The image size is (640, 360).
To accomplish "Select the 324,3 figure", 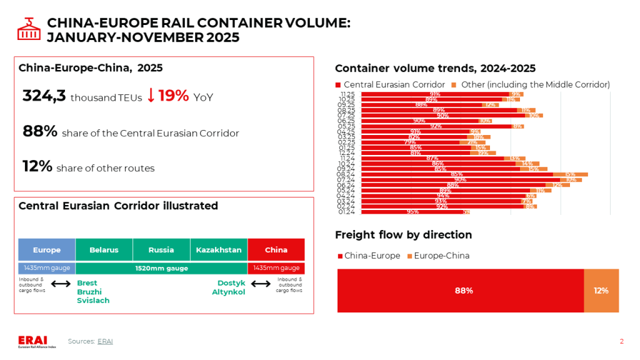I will coord(44,96).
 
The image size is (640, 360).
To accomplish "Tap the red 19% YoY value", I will coord(173,96).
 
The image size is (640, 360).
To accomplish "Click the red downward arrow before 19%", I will coord(151,96).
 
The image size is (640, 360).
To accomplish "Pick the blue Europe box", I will coord(47,249).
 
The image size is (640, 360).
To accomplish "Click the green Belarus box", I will coord(104,249).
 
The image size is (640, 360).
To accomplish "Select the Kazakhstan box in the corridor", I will coord(219,249).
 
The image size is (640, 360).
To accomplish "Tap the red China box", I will coord(276,249).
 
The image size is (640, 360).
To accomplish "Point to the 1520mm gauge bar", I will coord(161,268).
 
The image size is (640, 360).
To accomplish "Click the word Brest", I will coord(87,283).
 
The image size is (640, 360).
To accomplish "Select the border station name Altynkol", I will coord(228,292).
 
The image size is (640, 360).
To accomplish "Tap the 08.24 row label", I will coord(346,174).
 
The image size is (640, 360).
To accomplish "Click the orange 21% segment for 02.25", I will coord(468,142).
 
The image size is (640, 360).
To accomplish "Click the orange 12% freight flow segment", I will coord(601,291).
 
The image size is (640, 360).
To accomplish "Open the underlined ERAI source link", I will coord(105,341).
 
